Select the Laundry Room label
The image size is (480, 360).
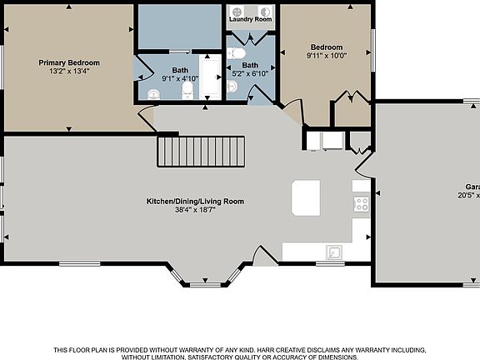point(250,18)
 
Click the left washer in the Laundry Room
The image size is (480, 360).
point(238,12)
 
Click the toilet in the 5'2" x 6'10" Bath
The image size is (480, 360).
point(237,52)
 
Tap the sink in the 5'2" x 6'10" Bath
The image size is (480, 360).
point(232,87)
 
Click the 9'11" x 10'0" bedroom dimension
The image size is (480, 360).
point(326,56)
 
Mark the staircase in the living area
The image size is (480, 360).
point(201,152)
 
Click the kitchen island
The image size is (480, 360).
point(305,197)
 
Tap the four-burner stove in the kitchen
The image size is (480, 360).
point(361,203)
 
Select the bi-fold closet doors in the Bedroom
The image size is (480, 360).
point(352,97)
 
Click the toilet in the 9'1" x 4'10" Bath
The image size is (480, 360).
point(187,90)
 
